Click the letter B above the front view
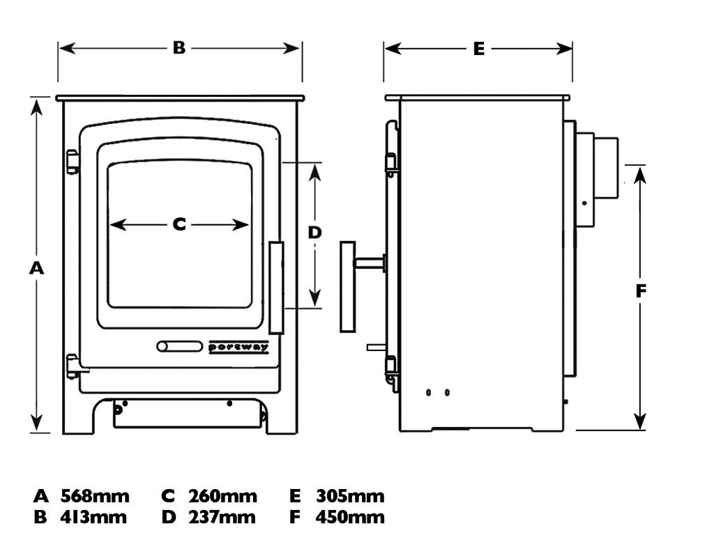[179, 48]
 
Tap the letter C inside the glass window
[179, 224]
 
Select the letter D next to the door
[314, 233]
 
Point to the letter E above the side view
[478, 49]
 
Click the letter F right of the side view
[641, 291]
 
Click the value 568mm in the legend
[95, 497]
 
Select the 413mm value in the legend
[93, 518]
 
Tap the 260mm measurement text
[222, 497]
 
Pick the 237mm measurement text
[221, 518]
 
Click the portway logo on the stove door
[239, 347]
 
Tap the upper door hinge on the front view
[72, 162]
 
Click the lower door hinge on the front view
[72, 366]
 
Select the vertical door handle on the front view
[276, 287]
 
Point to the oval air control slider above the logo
[179, 346]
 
